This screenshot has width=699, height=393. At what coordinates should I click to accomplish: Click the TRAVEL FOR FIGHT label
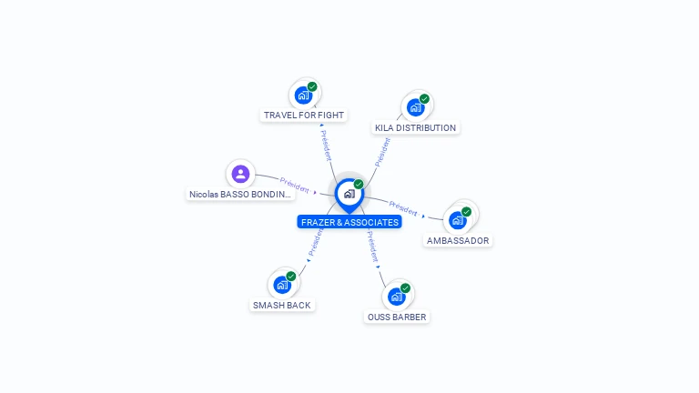coord(304,116)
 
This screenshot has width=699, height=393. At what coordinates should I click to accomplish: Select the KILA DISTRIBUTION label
coord(415,128)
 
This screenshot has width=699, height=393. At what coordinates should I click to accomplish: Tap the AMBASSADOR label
coord(458,241)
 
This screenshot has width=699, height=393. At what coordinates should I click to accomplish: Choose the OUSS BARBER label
coord(397,317)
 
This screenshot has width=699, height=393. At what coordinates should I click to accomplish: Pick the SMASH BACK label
coord(282,306)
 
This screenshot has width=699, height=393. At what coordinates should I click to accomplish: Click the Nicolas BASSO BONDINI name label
coord(240,195)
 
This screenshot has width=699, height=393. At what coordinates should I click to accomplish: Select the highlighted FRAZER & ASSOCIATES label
coord(349,222)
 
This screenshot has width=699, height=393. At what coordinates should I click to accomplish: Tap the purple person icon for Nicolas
coord(240,173)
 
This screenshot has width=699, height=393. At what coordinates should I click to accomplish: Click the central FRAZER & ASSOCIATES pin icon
coord(349,193)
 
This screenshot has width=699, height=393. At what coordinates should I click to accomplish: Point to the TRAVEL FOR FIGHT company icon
coord(304,95)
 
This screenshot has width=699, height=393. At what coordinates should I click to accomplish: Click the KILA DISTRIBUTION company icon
coord(416,106)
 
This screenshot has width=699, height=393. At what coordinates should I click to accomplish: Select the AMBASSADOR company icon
coord(458,219)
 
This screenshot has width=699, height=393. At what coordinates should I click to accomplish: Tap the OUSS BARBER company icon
coord(397,296)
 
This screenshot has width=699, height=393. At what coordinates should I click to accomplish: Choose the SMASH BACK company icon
coord(282,284)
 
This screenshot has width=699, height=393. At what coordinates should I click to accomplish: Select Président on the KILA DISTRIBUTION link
coord(382,151)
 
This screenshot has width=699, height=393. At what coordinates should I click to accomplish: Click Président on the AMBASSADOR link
coord(403,207)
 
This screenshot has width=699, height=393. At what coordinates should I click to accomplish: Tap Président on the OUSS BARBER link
coord(372,247)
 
